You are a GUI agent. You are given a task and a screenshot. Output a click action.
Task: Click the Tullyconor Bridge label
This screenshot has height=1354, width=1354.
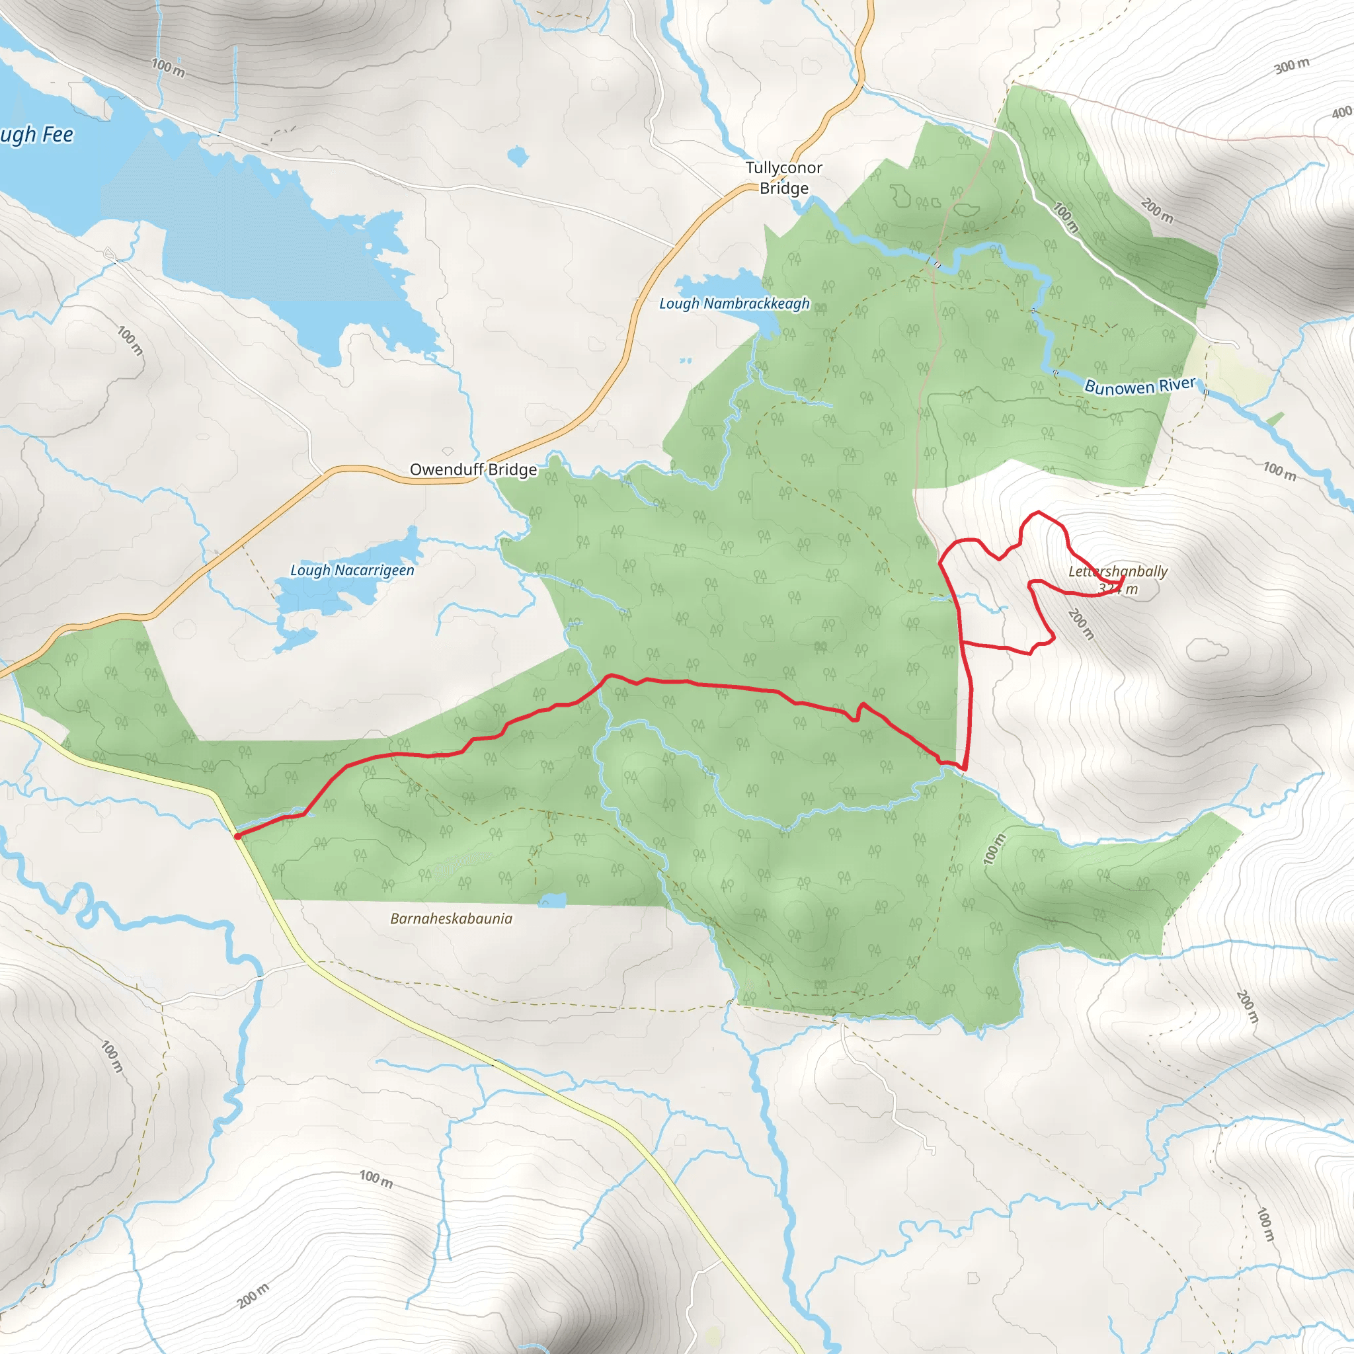tap(783, 178)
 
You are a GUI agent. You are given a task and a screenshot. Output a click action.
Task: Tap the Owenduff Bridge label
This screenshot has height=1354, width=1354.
tap(473, 469)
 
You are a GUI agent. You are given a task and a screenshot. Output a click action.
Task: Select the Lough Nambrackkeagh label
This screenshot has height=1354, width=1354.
tap(734, 303)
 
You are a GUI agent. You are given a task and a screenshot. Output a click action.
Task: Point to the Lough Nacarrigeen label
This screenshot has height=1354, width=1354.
tap(352, 571)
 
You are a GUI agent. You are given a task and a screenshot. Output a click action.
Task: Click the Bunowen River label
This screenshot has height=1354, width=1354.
tap(1140, 386)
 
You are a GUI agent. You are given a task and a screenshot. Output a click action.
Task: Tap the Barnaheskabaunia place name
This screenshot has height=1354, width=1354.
tap(452, 919)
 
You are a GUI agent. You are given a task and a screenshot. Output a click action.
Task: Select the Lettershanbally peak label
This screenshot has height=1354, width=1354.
tap(1118, 572)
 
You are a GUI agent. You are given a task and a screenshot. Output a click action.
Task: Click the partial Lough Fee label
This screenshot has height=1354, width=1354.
tap(36, 135)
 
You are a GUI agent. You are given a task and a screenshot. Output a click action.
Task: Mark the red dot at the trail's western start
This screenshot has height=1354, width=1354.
tap(237, 836)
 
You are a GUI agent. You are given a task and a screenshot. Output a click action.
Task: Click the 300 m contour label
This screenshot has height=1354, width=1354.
tap(1292, 66)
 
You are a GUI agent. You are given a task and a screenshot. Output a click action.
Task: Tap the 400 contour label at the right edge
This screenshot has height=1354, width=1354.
tap(1342, 112)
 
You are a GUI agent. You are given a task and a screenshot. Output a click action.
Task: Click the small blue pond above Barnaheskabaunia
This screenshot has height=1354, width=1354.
tap(553, 900)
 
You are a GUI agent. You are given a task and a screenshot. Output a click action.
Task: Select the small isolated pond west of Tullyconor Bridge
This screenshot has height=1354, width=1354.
tap(517, 156)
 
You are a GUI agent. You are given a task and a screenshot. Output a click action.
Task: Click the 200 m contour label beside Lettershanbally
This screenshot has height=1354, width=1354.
tap(1082, 623)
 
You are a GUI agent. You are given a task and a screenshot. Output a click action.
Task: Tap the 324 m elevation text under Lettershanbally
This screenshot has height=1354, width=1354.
tap(1119, 589)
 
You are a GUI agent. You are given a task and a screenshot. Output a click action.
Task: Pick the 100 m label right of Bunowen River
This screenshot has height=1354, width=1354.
tap(1280, 471)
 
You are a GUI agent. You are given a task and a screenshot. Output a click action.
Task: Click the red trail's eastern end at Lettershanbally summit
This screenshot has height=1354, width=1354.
tap(1123, 579)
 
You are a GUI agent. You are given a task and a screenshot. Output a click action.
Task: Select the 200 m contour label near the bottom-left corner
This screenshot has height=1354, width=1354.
tap(253, 1296)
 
